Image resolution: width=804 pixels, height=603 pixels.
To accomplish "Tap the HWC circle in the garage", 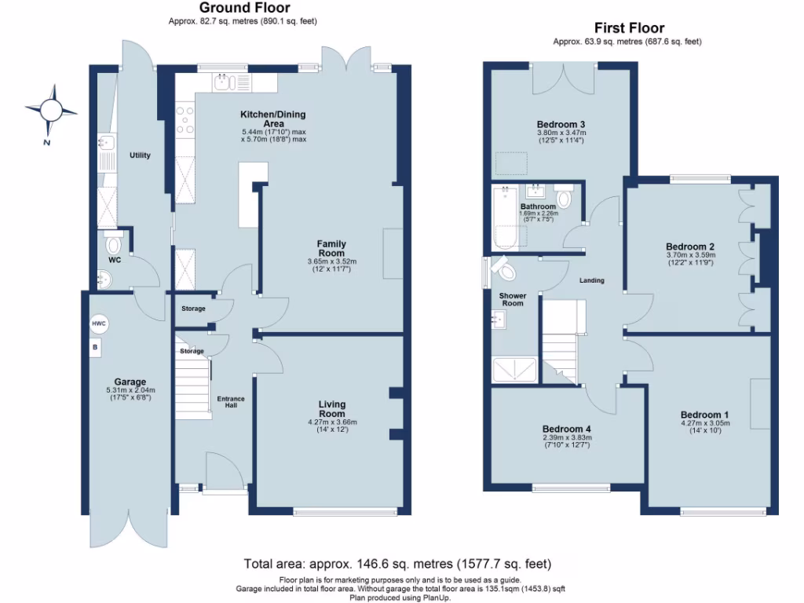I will (99, 324).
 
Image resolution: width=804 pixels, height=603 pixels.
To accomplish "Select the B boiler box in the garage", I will (95, 346).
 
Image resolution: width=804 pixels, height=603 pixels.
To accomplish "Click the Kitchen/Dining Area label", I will (272, 119).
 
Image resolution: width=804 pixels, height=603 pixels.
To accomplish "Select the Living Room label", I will (331, 409).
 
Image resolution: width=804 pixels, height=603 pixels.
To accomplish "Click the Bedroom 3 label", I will (561, 124).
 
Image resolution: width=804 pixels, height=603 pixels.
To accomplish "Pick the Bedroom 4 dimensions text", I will (566, 441).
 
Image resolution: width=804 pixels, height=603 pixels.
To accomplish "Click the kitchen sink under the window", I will (224, 82).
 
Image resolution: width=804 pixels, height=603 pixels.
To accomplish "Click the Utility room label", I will (140, 155).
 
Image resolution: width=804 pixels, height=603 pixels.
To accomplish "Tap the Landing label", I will (591, 280).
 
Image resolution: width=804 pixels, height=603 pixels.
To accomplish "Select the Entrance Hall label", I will (231, 403).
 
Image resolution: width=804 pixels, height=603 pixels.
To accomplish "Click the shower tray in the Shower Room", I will (514, 370).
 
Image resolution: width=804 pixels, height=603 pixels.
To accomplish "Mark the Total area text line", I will (397, 564).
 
